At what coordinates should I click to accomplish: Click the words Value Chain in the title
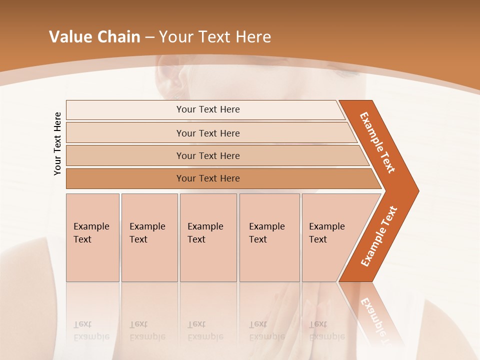94,37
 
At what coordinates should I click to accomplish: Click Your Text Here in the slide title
215,37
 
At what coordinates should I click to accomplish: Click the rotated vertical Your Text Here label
58,144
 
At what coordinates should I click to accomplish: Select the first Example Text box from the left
92,237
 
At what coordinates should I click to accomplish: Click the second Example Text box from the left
149,237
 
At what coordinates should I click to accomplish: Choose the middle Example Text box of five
208,237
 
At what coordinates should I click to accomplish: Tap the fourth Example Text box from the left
269,237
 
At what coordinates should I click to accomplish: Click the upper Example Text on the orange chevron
377,142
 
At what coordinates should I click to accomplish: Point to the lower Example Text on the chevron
379,236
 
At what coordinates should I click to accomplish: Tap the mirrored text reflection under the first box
91,330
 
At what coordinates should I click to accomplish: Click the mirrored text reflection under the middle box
205,330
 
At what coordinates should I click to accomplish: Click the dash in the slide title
149,37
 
